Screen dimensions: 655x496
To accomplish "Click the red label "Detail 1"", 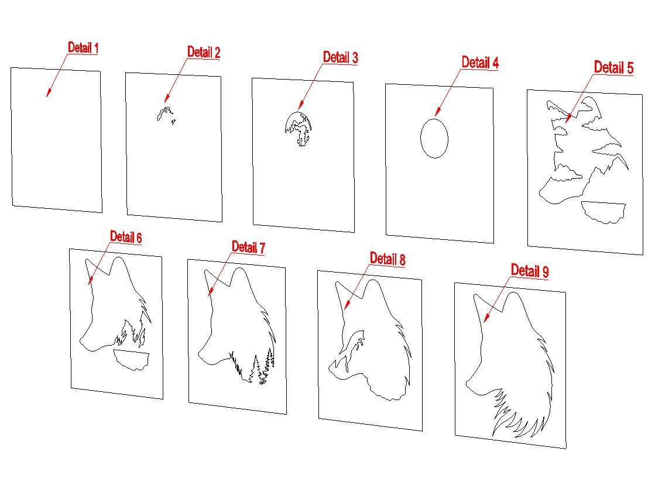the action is [83, 47].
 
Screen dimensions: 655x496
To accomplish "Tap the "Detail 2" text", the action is [204, 52].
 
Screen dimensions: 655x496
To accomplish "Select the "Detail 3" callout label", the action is [341, 57].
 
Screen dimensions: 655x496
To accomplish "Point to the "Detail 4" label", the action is [480, 63].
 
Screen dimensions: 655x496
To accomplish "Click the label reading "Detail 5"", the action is [613, 67].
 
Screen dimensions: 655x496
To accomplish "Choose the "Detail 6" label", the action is [126, 237].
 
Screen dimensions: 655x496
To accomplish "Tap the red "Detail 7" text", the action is [248, 247].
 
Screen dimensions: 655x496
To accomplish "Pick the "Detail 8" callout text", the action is [387, 259].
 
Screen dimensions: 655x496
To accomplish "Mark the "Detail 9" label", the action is [530, 271].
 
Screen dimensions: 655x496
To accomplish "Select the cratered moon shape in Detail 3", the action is [299, 129].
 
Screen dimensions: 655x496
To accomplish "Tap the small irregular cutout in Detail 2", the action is [164, 113].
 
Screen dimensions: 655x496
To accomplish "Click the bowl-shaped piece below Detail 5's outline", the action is [603, 211].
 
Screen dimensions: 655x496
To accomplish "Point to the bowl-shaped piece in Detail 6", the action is [131, 360].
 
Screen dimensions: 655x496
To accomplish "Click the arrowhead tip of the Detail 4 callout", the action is [435, 115].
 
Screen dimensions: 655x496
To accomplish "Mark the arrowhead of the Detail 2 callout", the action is [166, 102].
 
